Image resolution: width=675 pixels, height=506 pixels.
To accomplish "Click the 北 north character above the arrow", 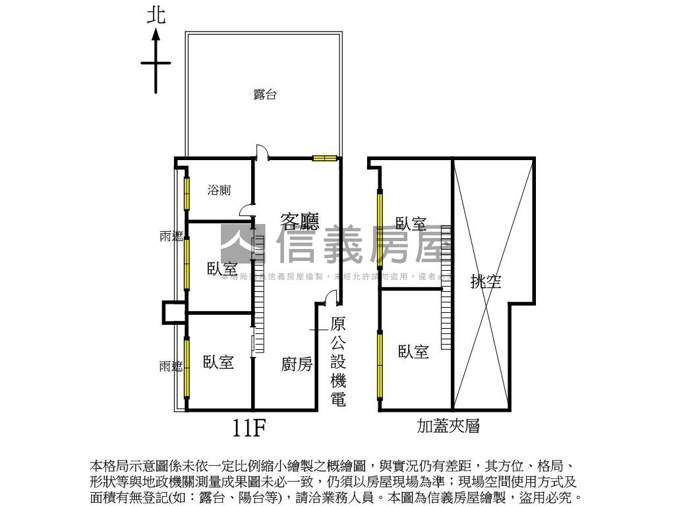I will tap(156, 15).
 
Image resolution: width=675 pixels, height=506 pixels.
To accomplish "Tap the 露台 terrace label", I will tap(264, 95).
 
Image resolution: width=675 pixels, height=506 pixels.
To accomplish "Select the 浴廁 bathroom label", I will tap(219, 190).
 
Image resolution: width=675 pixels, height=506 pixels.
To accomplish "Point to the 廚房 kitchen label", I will tap(297, 364).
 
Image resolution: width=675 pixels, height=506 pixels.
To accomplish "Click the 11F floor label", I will tap(249, 429).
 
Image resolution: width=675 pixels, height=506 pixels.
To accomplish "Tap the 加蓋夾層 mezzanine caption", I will tap(448, 426).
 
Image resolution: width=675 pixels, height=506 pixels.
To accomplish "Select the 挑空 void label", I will tap(486, 282).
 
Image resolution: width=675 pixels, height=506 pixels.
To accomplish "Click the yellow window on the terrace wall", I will tap(324, 158).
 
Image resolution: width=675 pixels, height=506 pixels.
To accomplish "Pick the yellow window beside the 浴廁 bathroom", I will tap(187, 193).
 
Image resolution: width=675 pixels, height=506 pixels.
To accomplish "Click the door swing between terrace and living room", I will tap(262, 152).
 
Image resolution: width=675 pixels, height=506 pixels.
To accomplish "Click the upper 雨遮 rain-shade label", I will tap(171, 236).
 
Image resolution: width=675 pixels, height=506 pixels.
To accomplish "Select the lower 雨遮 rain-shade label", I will tap(171, 366).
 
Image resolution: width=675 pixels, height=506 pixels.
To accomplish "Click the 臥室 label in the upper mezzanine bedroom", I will tap(411, 224).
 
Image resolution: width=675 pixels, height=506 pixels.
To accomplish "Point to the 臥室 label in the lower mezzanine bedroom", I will tap(413, 352).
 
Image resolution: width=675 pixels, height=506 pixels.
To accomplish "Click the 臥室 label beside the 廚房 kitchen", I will tap(218, 362).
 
